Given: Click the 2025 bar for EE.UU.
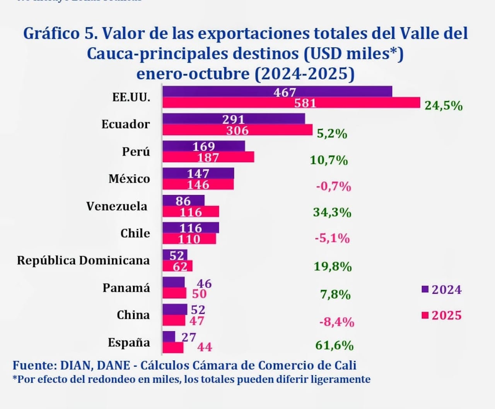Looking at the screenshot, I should (291, 103).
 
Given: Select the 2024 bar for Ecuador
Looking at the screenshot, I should (234, 119).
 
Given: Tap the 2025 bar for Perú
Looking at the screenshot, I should (208, 157).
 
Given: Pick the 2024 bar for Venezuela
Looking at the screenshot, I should (183, 200).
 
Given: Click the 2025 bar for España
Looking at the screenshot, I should (173, 348).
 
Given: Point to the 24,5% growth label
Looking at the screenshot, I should (444, 106).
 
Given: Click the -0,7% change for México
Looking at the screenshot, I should (333, 187).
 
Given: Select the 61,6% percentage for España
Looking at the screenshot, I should (334, 345).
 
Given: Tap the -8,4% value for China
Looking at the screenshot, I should (336, 322).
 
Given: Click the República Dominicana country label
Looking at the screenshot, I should (83, 260).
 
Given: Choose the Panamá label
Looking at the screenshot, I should (126, 288).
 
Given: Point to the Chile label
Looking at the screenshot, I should (135, 233).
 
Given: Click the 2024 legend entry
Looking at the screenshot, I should (442, 290).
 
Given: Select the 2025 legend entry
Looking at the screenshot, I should (442, 315).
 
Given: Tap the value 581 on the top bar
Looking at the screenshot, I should (305, 103).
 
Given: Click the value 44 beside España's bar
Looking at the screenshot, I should (205, 347).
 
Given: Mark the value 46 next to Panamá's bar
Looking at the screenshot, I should (204, 284).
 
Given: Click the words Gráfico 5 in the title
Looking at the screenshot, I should (60, 34).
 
